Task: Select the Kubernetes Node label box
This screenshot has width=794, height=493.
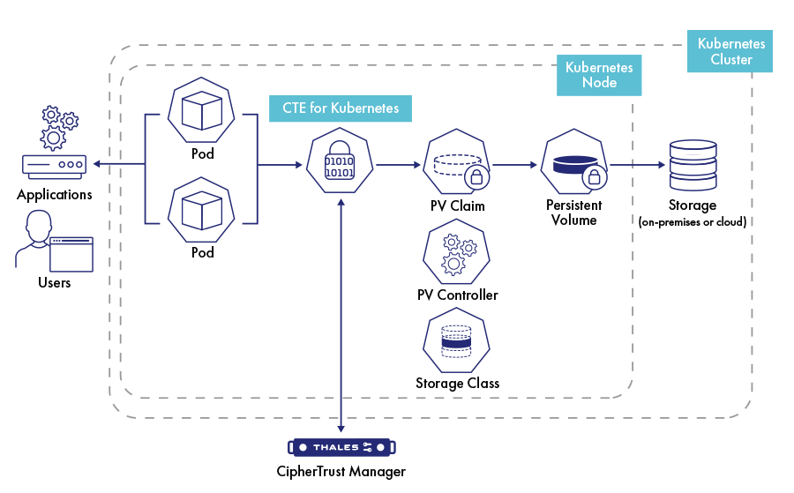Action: (598, 75)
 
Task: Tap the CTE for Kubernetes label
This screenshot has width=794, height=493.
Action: (341, 108)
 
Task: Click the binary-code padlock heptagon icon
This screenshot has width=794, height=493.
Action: (341, 166)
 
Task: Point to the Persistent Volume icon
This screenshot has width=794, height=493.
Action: (573, 166)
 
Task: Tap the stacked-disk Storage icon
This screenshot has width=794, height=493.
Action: (692, 164)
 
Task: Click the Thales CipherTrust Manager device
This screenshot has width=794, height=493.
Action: (341, 447)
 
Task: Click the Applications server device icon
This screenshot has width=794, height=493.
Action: (55, 166)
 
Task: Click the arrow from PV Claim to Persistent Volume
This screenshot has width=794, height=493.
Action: (517, 165)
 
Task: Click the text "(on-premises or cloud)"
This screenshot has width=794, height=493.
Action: (692, 222)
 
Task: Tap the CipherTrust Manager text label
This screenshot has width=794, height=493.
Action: (341, 472)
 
